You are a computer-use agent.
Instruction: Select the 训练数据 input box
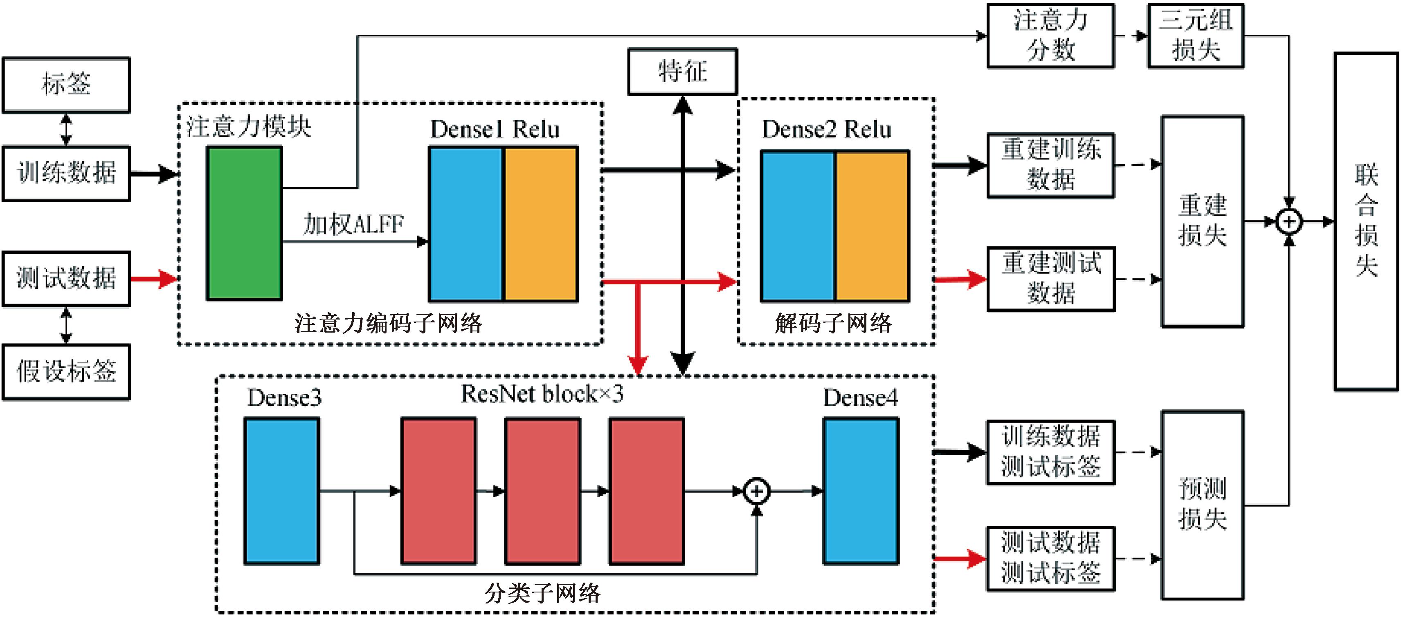pyautogui.click(x=66, y=173)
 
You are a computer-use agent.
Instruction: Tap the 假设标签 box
pyautogui.click(x=66, y=372)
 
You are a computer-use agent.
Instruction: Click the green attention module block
pyautogui.click(x=244, y=223)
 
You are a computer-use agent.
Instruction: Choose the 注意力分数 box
pyautogui.click(x=1050, y=36)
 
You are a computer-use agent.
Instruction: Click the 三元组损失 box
pyautogui.click(x=1195, y=36)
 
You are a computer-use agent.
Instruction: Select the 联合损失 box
pyautogui.click(x=1366, y=221)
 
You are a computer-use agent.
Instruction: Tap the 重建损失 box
pyautogui.click(x=1203, y=221)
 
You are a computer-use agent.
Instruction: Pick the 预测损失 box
pyautogui.click(x=1203, y=505)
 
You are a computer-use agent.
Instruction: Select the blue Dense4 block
pyautogui.click(x=860, y=491)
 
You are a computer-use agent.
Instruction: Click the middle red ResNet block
pyautogui.click(x=542, y=491)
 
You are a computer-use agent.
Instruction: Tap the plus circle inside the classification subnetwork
pyautogui.click(x=756, y=491)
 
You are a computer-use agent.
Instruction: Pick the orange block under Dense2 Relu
pyautogui.click(x=872, y=226)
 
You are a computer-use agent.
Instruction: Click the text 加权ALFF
pyautogui.click(x=353, y=224)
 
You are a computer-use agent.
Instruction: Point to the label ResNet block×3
pyautogui.click(x=542, y=394)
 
